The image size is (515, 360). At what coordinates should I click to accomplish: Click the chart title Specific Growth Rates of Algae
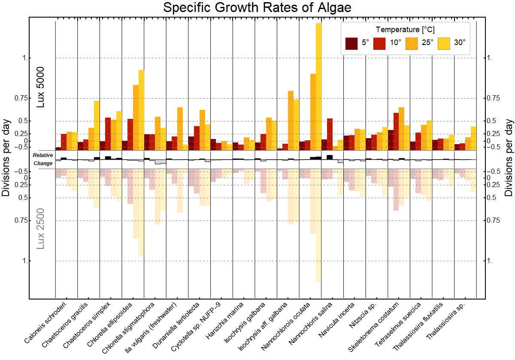pos(257,8)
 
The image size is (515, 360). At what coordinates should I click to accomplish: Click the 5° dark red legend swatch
pos(351,43)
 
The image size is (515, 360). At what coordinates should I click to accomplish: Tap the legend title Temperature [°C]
pos(405,30)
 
